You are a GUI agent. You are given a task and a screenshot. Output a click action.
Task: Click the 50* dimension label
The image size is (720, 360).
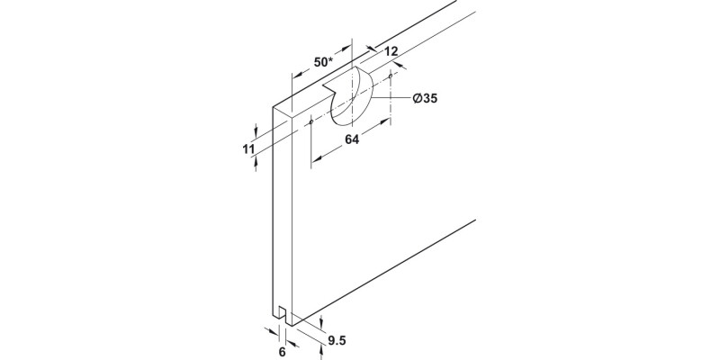(x=323, y=62)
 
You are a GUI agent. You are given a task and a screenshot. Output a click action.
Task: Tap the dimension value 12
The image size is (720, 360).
(x=391, y=51)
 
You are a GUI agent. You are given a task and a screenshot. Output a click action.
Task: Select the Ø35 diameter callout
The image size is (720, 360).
(x=425, y=98)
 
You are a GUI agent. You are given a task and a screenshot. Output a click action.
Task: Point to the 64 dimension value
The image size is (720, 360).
(x=352, y=139)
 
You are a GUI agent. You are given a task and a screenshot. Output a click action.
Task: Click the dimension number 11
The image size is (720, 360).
(x=248, y=148)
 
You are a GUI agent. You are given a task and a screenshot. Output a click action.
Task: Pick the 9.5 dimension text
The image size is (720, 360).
(x=337, y=340)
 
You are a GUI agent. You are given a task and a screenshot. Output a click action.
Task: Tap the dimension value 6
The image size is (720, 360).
(x=283, y=353)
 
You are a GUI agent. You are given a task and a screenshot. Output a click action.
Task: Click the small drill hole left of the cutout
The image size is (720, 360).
(x=311, y=121)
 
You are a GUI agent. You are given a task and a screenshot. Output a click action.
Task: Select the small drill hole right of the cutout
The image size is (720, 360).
(x=391, y=76)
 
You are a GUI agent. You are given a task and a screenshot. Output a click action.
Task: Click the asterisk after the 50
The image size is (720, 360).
(x=330, y=59)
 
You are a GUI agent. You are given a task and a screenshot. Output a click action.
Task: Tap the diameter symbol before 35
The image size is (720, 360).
(x=417, y=98)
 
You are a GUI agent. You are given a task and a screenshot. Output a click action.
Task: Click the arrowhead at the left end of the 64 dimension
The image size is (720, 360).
(x=315, y=160)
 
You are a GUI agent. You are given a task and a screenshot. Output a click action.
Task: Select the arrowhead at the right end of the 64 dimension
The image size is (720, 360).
(x=386, y=121)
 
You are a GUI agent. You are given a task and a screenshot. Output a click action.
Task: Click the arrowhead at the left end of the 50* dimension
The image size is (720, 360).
(x=296, y=75)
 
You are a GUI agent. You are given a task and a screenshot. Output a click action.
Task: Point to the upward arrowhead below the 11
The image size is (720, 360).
(x=256, y=162)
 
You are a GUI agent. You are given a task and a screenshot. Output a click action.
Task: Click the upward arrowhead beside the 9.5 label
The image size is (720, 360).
(x=320, y=351)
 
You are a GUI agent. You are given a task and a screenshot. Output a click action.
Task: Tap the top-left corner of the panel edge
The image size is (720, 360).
(x=273, y=107)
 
